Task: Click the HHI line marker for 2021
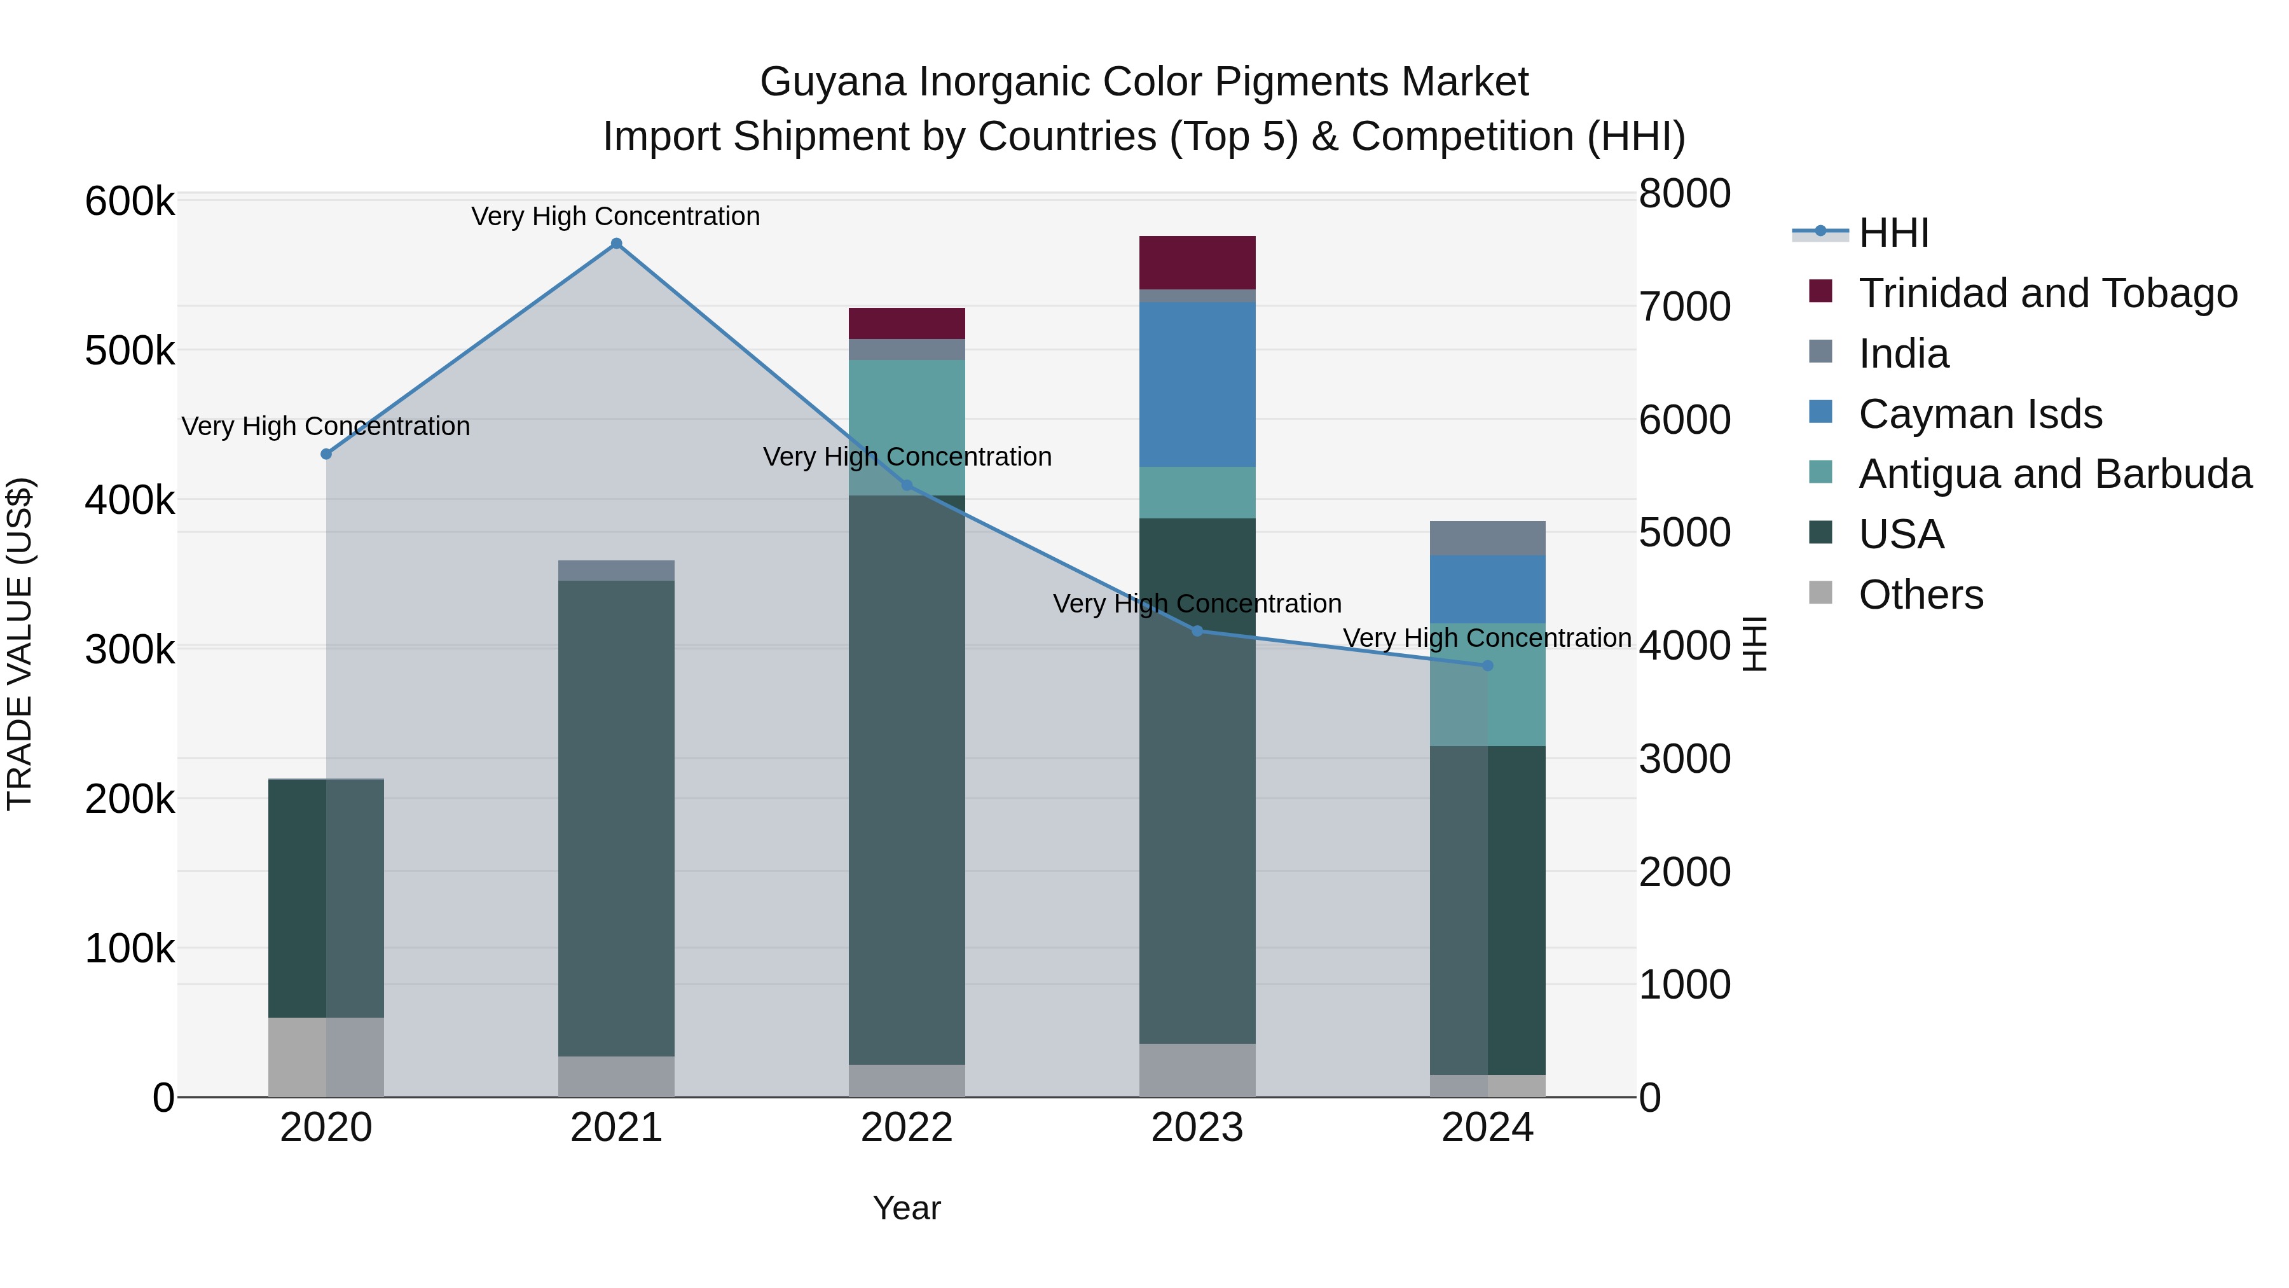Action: [x=615, y=244]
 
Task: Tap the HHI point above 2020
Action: [x=326, y=454]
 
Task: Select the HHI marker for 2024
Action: [x=1487, y=666]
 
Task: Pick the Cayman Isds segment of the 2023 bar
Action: [x=1197, y=384]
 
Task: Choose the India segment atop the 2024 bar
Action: [x=1487, y=537]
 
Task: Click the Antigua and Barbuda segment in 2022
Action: [x=906, y=427]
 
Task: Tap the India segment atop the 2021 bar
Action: [x=615, y=571]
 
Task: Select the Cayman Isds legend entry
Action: [x=1980, y=414]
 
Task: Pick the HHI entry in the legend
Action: [x=1893, y=233]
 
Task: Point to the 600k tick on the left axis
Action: [x=130, y=202]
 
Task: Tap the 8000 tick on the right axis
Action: [x=1684, y=194]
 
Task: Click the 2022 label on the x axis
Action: [x=906, y=1128]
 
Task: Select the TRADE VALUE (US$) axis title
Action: [x=20, y=644]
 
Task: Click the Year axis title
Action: [x=906, y=1208]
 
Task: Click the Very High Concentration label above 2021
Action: [x=615, y=216]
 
